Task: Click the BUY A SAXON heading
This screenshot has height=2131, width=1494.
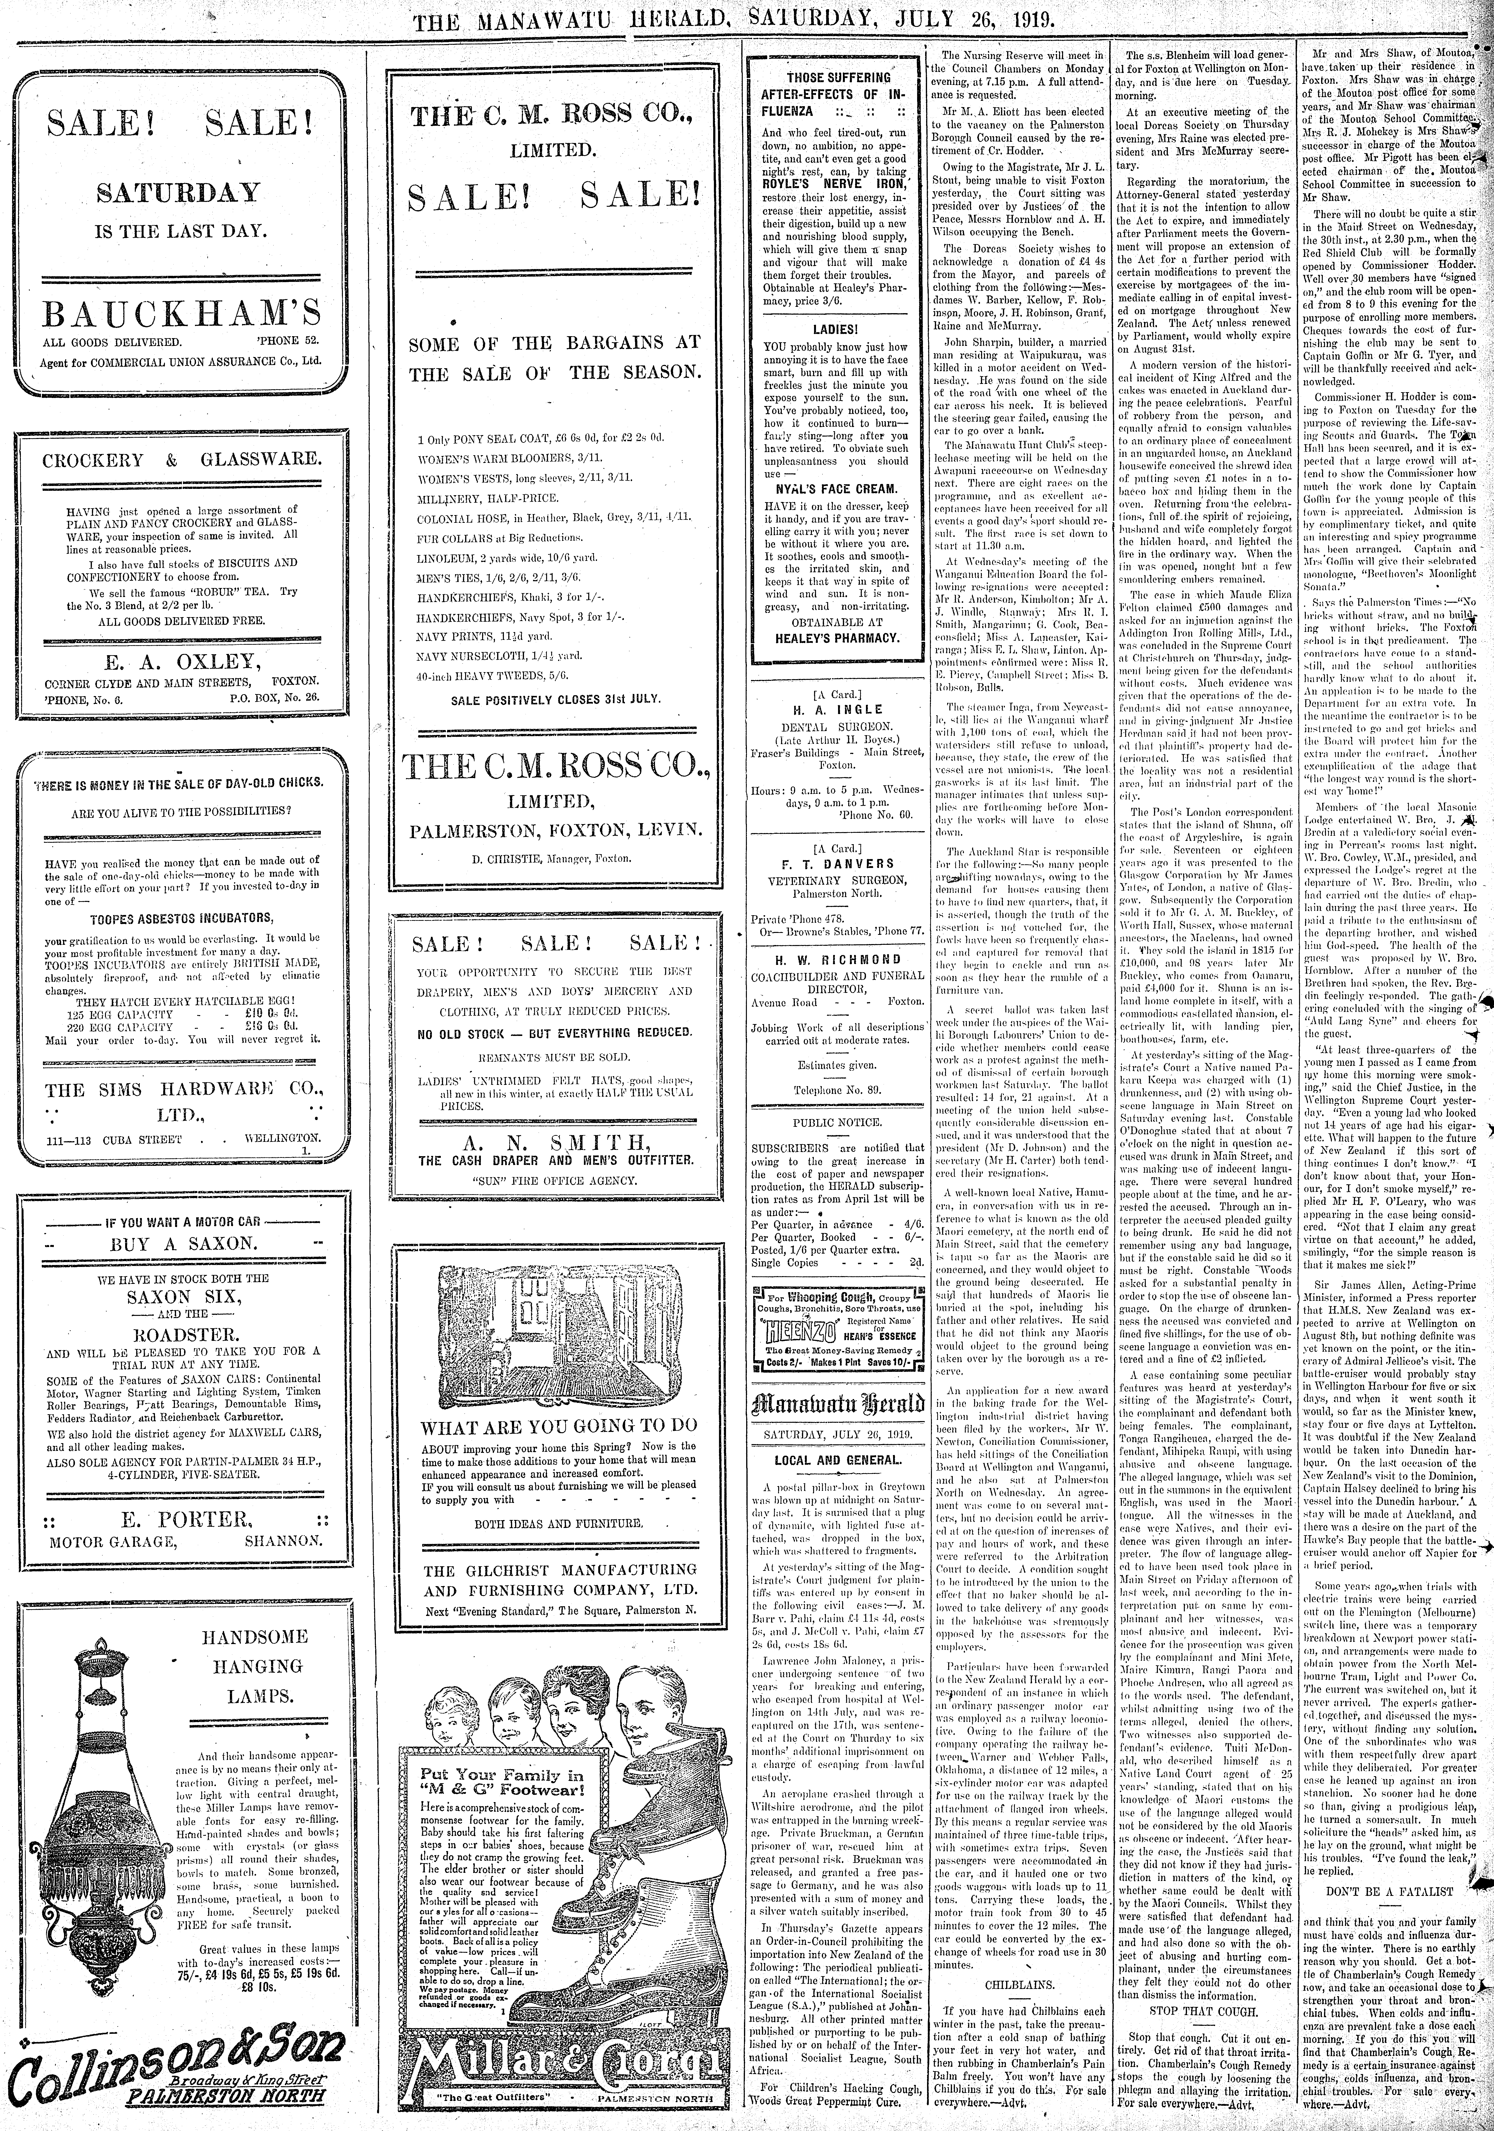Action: tap(183, 1245)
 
